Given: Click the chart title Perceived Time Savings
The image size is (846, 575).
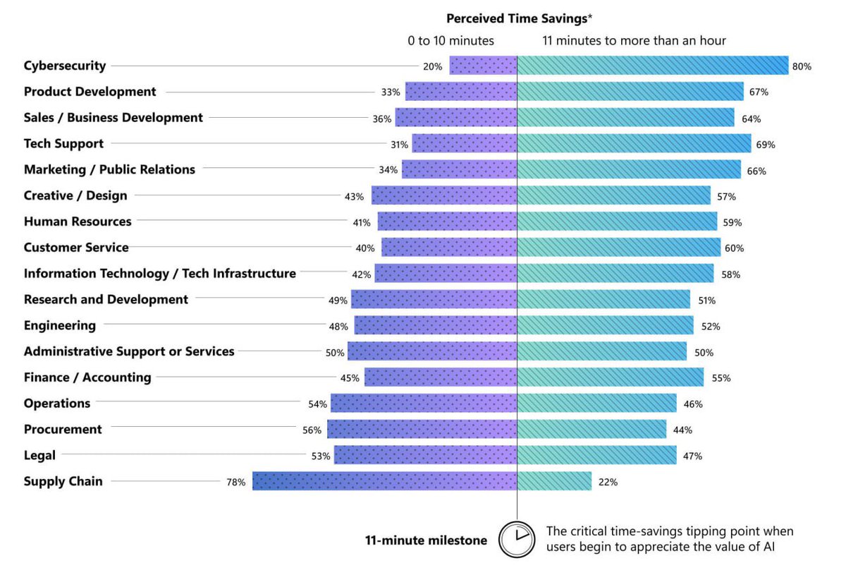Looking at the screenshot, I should (x=518, y=19).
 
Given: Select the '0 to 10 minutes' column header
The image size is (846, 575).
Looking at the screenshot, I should (x=450, y=41).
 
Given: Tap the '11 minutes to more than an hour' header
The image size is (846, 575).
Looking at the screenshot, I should (x=634, y=41).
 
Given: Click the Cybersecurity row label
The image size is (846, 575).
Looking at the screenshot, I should (x=65, y=66).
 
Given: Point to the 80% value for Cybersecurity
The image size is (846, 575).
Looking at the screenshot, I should (x=802, y=66).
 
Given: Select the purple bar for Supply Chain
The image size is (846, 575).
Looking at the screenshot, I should (x=384, y=481).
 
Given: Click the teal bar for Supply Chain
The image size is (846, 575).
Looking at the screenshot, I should (x=554, y=481).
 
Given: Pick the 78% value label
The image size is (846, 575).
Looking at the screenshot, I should (x=235, y=483).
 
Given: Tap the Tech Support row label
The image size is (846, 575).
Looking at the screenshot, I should (x=63, y=144).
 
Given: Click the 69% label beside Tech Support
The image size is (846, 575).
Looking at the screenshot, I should (x=765, y=145).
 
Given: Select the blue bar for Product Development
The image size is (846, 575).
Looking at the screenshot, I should (x=630, y=92).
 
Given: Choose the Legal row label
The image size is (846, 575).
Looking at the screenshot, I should (x=39, y=456).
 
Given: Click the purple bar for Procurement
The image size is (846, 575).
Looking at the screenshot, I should (x=422, y=429).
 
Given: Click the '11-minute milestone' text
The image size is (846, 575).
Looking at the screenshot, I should (x=426, y=540).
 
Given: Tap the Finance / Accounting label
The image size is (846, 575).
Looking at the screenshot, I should (x=87, y=377).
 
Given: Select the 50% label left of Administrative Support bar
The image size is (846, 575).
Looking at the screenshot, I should (x=335, y=353).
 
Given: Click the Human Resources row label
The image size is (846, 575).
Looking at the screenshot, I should (x=78, y=222).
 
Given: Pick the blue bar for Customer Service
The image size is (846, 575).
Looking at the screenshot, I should (x=618, y=248).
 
